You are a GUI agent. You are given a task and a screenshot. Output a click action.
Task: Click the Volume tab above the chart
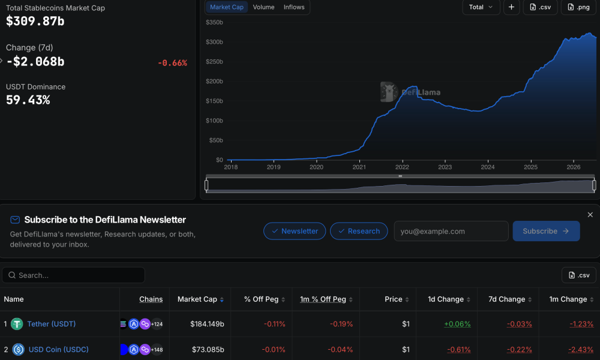(263, 7)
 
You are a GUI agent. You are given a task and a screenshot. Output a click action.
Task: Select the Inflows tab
(294, 7)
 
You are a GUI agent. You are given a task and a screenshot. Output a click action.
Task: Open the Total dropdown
(481, 7)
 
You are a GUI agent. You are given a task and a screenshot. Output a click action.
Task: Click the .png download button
(578, 7)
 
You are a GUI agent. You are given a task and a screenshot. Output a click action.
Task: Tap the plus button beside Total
(511, 7)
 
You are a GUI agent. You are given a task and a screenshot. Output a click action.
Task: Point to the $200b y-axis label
(214, 81)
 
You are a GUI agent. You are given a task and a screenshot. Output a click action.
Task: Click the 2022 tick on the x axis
(402, 167)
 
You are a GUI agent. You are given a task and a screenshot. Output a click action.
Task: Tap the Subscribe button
(546, 231)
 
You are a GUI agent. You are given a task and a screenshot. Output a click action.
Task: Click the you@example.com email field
(451, 231)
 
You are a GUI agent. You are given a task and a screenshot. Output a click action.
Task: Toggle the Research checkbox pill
(359, 231)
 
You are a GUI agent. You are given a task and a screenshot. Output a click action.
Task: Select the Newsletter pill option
(295, 231)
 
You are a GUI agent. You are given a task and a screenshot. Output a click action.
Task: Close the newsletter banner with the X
(590, 215)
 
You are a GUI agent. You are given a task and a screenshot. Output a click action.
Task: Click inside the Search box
(73, 275)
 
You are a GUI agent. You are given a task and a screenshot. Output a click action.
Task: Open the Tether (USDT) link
(51, 324)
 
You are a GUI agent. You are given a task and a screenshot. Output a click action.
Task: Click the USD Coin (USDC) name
(59, 350)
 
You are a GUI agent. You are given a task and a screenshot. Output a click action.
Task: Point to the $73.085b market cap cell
(208, 350)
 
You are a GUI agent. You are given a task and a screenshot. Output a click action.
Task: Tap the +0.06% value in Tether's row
(457, 324)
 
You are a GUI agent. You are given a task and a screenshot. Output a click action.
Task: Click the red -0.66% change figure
(173, 63)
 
